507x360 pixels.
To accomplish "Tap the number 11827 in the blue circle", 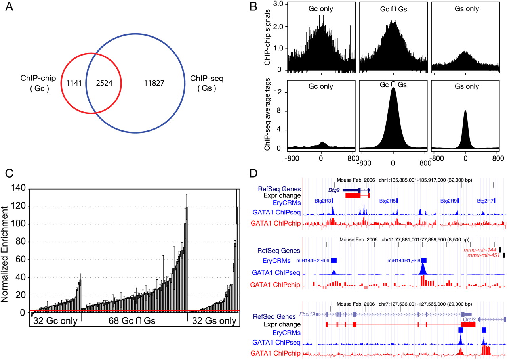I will point(153,84).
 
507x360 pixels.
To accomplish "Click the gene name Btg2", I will point(334,190).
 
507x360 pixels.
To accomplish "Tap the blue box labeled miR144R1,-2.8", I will point(424,260).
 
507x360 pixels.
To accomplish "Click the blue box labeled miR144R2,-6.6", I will point(334,260).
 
